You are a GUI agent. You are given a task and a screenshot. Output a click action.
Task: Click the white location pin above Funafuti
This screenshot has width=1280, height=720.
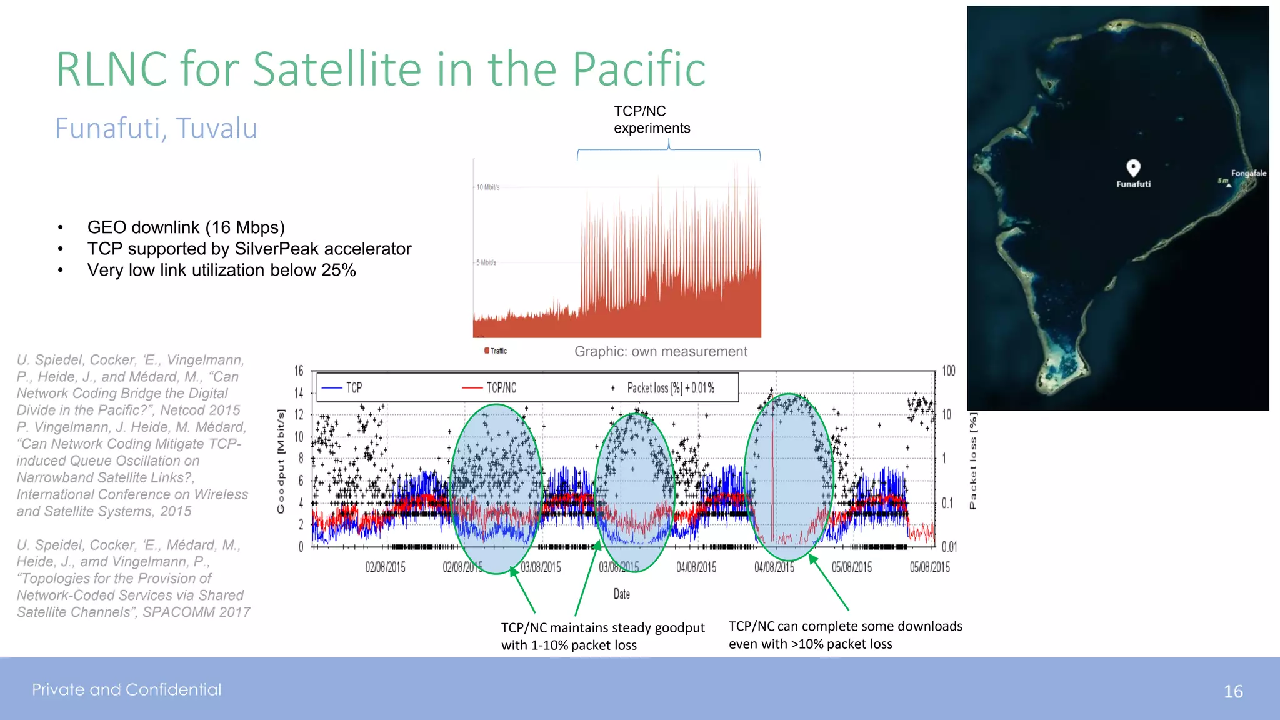point(1133,167)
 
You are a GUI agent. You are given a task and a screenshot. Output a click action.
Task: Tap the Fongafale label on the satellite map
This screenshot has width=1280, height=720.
point(1248,173)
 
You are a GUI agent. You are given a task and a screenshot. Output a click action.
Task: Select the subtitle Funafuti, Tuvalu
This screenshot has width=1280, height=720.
point(156,128)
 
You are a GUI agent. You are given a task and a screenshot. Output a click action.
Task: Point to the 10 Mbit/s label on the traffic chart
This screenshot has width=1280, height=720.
point(487,187)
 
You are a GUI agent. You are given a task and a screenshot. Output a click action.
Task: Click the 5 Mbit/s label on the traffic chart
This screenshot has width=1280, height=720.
point(486,262)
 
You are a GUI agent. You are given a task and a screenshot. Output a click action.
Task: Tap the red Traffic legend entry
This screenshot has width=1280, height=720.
point(496,351)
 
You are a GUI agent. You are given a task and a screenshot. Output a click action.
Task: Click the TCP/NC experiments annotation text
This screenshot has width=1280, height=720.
point(651,119)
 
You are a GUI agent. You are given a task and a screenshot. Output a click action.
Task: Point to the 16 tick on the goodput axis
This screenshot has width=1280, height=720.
point(299,371)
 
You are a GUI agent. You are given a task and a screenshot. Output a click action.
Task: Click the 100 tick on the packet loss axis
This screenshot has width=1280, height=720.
point(948,371)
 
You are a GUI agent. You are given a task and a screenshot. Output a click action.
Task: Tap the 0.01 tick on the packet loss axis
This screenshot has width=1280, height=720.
point(949,547)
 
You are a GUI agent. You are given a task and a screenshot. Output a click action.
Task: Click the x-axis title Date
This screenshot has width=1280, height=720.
point(621,594)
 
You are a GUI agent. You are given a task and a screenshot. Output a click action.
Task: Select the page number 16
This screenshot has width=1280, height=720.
point(1232,691)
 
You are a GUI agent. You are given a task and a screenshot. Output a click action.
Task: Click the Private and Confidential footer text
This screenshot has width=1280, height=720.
point(126,689)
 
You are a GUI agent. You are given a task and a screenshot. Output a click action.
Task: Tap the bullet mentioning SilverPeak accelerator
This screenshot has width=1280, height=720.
point(249,249)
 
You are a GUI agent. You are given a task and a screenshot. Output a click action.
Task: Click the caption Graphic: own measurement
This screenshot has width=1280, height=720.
point(660,351)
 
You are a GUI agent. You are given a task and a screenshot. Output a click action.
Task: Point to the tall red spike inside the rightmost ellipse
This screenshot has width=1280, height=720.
point(772,475)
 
